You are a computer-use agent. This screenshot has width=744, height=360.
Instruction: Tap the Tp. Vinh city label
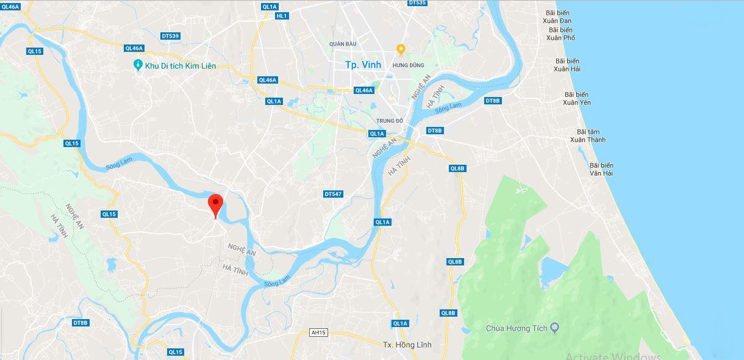363,65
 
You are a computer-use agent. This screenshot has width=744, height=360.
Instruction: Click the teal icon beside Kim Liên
138,65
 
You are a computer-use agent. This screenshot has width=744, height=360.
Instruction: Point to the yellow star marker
401,49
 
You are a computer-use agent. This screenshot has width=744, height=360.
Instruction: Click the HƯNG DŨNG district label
408,65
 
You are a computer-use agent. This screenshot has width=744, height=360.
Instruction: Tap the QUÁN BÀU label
342,44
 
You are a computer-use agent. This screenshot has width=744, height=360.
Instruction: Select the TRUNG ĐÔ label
390,121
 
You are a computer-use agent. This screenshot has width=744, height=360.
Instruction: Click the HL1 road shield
281,16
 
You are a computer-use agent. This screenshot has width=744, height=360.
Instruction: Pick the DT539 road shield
170,36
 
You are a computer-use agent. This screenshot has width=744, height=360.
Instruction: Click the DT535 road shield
417,3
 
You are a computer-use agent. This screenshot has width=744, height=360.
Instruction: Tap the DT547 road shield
333,194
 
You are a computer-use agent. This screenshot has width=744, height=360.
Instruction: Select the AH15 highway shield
318,333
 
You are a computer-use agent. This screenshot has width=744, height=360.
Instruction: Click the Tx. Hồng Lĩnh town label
407,345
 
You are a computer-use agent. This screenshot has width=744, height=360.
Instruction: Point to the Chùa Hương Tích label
517,328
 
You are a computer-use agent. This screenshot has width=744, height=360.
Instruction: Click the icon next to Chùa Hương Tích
554,328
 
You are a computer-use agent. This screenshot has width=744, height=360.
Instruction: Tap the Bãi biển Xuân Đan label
557,16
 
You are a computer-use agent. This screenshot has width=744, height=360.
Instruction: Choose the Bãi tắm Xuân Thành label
588,136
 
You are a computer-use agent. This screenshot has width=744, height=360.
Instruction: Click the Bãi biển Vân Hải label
601,169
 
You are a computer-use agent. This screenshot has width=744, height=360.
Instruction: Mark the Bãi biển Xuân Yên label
576,98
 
